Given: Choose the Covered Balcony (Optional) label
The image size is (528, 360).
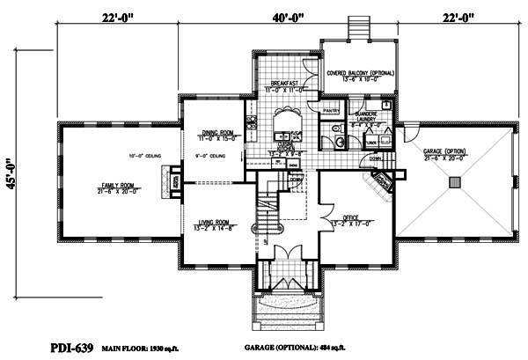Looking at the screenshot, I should [x=360, y=73].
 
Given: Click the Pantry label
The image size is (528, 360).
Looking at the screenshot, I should [x=330, y=112].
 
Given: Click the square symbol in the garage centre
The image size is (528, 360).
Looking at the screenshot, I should [x=454, y=182].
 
